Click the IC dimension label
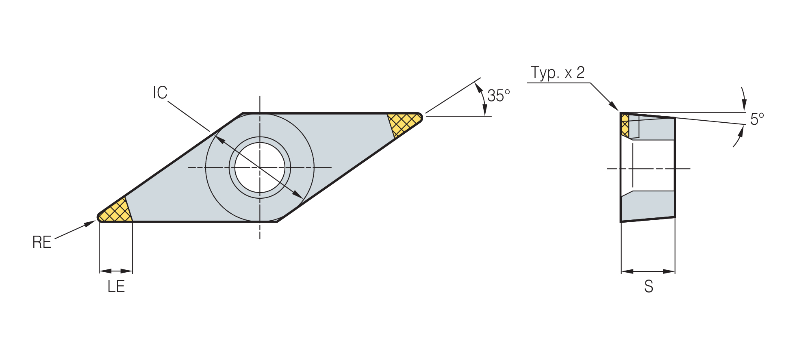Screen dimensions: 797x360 click(160, 93)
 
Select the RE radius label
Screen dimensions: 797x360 click(42, 242)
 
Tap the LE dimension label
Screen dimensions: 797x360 click(116, 287)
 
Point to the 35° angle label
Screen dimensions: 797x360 click(498, 95)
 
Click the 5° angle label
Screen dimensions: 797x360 click(757, 119)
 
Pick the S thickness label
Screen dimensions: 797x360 click(649, 287)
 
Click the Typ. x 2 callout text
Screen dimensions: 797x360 click(558, 73)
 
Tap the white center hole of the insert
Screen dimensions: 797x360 click(260, 167)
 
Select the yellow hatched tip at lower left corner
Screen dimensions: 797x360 click(115, 211)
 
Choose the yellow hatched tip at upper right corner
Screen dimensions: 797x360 click(404, 124)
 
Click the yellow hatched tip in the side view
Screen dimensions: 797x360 click(625, 125)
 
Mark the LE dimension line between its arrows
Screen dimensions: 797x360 click(116, 271)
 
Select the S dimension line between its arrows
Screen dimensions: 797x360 click(648, 271)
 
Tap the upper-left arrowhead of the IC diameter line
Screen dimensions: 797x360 click(219, 140)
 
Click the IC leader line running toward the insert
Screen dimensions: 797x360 click(189, 116)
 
